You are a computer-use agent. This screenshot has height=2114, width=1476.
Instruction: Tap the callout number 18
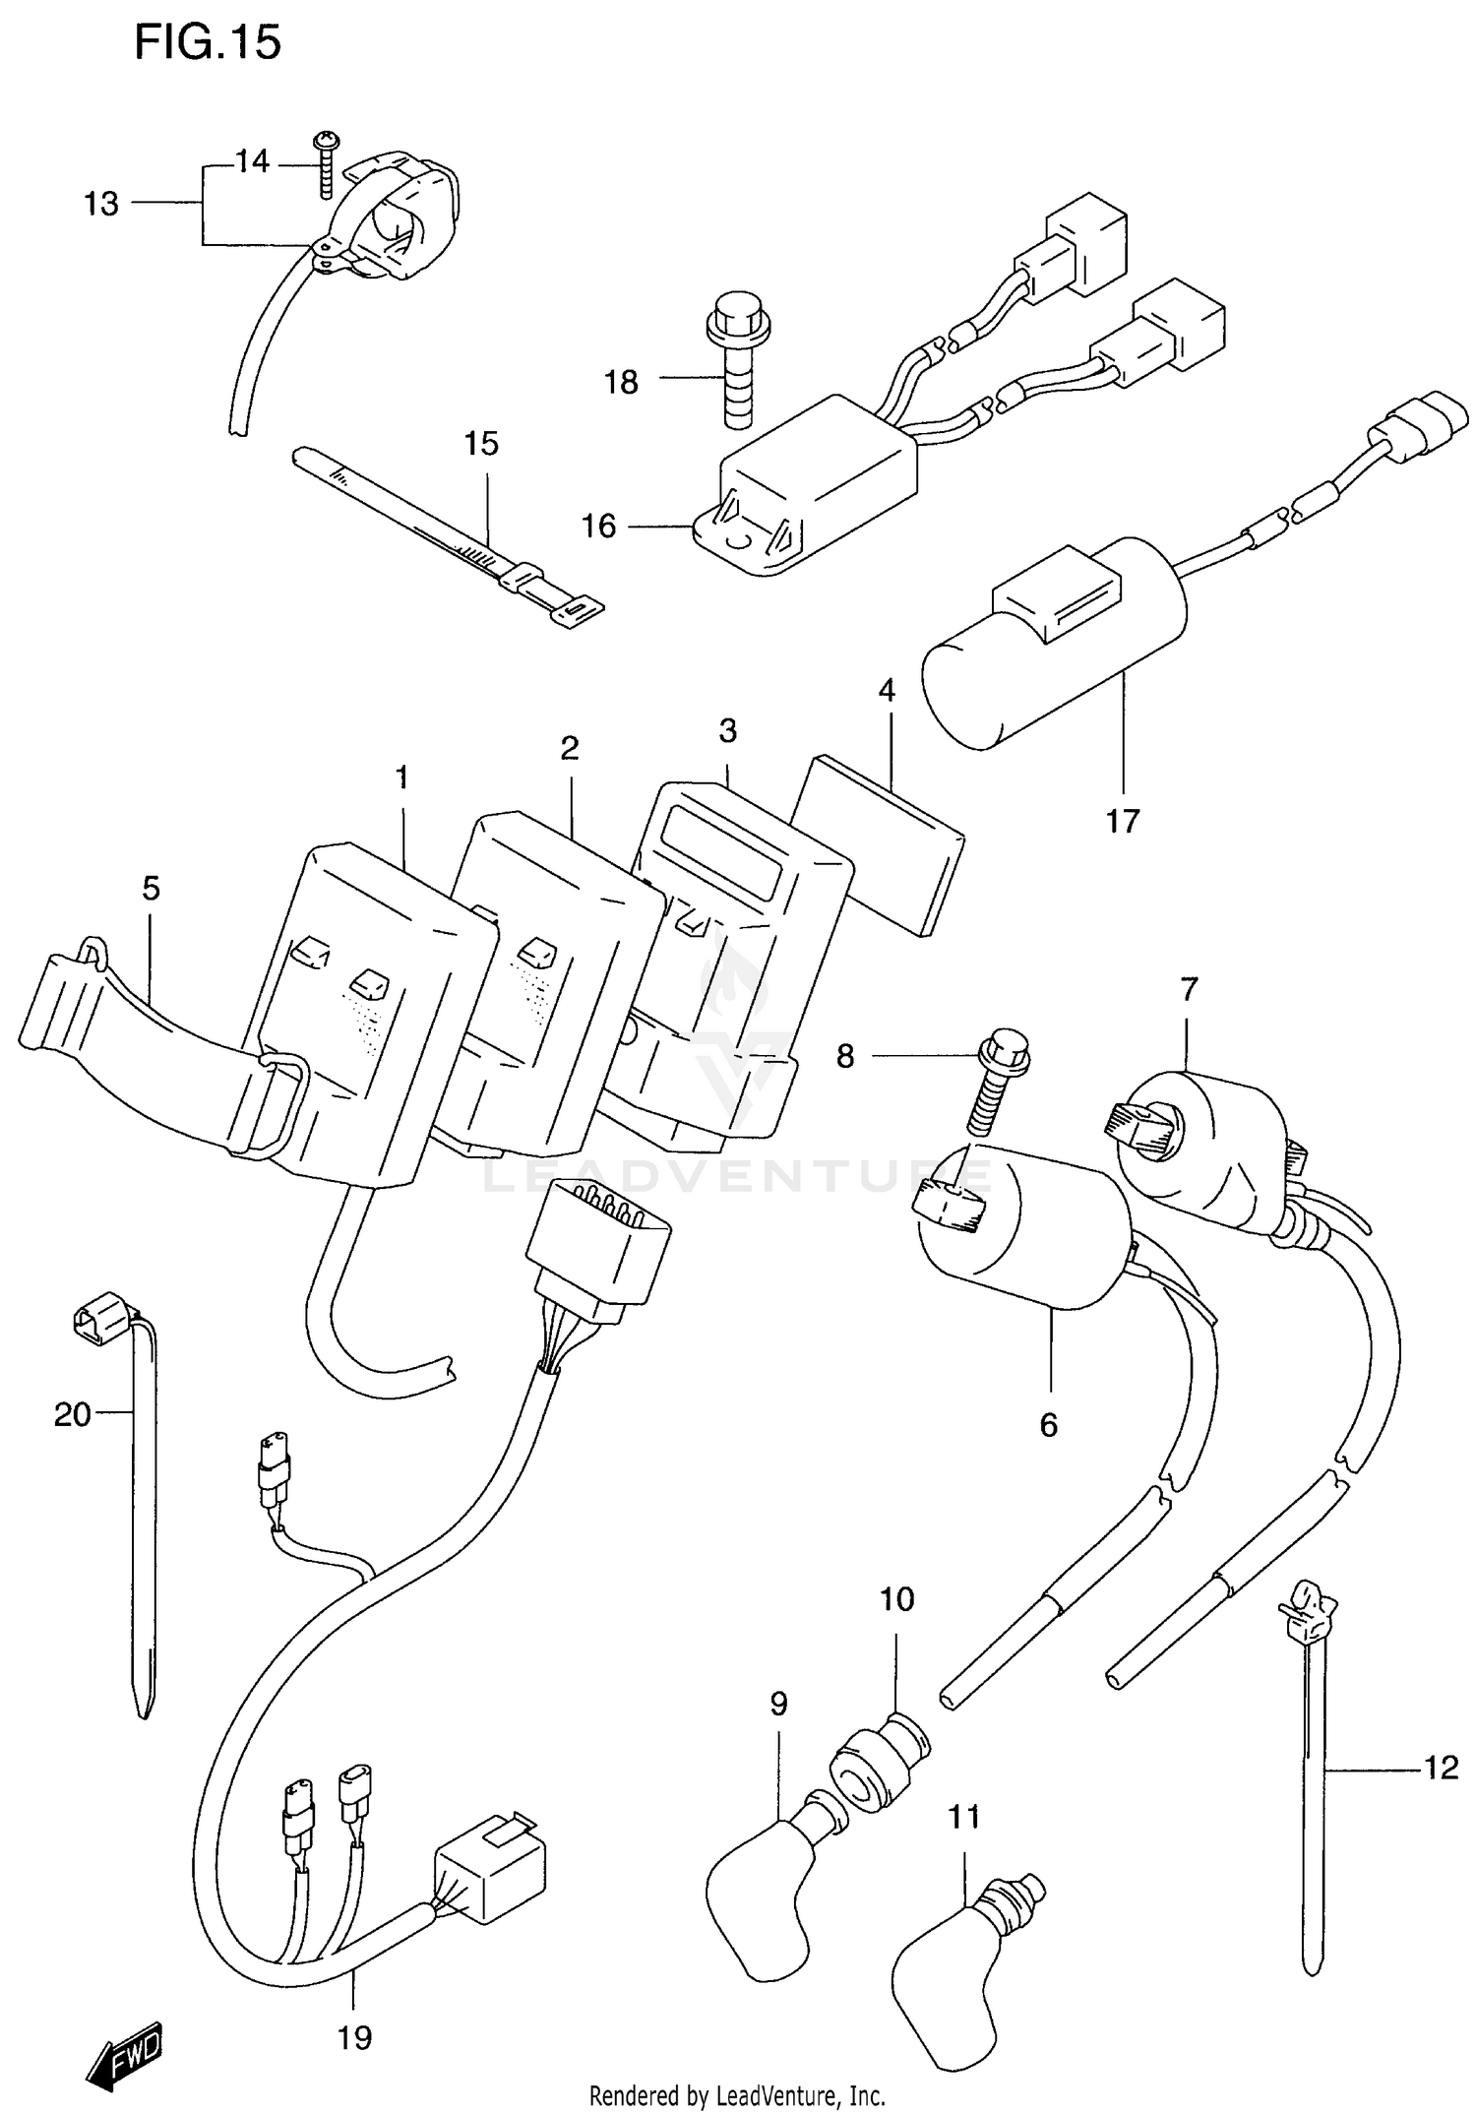pos(621,382)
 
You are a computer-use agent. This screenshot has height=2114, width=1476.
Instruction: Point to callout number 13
pos(101,204)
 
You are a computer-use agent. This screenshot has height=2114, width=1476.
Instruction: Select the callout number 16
pos(598,527)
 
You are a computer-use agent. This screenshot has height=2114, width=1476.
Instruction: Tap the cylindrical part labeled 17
pos(1053,654)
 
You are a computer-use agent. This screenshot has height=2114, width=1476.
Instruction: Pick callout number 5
pos(150,889)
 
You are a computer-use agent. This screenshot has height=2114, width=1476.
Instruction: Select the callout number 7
pos(1190,988)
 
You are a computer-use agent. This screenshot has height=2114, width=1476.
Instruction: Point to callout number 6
pos(1048,1424)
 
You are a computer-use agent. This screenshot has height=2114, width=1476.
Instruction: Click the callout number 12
pos(1441,1769)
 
